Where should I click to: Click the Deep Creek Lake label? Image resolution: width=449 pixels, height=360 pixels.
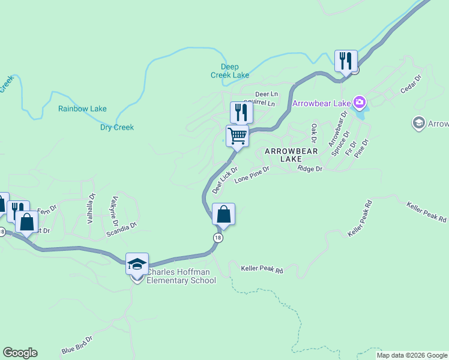pos(229,71)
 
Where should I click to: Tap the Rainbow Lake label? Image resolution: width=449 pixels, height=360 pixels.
pos(82,109)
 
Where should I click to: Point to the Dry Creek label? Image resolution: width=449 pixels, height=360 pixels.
pos(116,127)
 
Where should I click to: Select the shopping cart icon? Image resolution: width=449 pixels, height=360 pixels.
pos(238,136)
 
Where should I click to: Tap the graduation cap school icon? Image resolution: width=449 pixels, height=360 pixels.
pos(137,264)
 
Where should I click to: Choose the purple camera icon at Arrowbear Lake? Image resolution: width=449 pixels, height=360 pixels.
pos(360,103)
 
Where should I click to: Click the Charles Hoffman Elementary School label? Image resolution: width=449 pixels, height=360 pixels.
pos(181,276)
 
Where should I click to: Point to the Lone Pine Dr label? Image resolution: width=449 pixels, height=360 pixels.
pos(252,174)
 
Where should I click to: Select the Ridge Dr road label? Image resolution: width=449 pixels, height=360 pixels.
pos(310,169)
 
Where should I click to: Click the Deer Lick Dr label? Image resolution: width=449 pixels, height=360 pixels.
pos(224,180)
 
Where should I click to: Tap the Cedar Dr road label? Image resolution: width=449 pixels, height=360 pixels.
pos(411,85)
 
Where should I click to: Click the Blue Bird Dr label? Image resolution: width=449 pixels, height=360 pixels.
pos(77,345)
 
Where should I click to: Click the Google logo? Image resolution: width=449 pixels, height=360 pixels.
pos(20,353)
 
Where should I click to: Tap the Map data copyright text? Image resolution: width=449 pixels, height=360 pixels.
pos(412,355)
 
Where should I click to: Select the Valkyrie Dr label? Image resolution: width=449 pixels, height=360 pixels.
pos(113,208)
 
